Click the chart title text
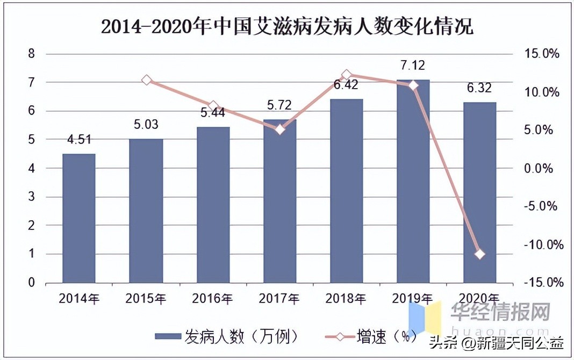tap(287, 26)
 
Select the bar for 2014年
tap(79, 218)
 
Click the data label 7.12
tap(412, 66)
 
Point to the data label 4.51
tap(79, 140)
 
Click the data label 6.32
tap(479, 88)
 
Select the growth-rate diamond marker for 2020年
tap(480, 254)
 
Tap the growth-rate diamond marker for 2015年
tap(146, 80)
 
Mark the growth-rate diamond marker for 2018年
tap(347, 75)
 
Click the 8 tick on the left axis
tap(31, 54)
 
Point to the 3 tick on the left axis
tap(31, 197)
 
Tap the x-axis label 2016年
tap(213, 299)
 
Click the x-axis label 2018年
tap(346, 299)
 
